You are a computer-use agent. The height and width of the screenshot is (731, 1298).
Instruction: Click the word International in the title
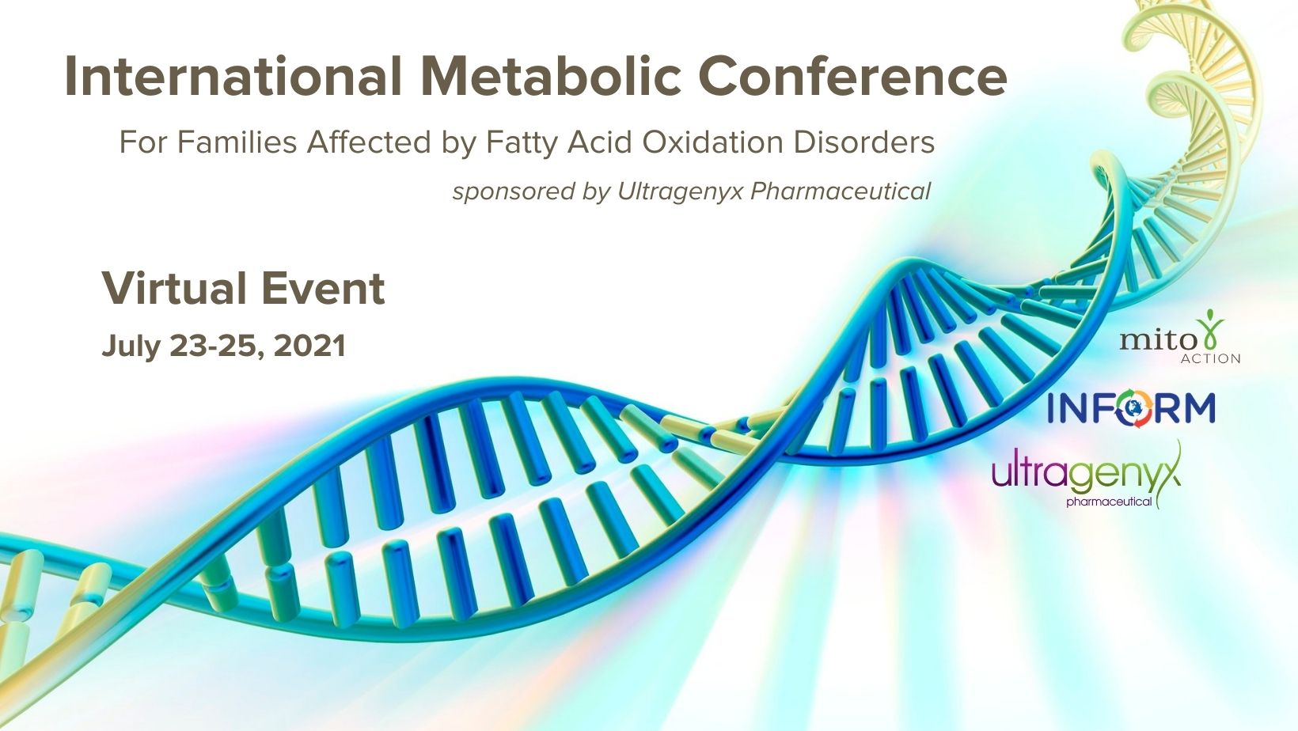click(233, 77)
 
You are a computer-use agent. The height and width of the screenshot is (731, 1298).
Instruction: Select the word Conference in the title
click(852, 77)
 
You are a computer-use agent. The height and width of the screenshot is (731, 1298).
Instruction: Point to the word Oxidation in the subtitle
click(712, 142)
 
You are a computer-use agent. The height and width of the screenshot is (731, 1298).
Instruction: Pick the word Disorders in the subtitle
click(864, 142)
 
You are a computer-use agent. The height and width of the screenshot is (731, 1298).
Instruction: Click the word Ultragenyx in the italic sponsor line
click(680, 191)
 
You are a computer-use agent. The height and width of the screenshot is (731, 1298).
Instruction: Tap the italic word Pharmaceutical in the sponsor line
click(841, 191)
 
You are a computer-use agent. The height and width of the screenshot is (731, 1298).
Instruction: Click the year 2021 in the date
click(309, 346)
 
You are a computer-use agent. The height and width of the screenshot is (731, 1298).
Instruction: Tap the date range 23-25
click(218, 347)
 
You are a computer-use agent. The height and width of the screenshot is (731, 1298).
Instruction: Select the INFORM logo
click(1131, 408)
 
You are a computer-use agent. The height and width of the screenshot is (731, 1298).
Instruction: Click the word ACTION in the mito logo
click(1210, 358)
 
